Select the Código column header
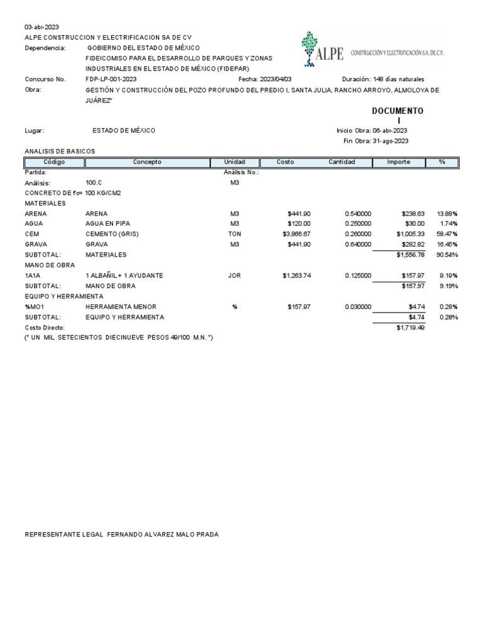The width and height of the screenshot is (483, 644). click(54, 162)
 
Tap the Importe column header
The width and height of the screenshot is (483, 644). click(399, 162)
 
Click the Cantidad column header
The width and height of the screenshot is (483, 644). click(341, 162)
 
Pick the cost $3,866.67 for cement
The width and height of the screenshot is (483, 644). click(297, 234)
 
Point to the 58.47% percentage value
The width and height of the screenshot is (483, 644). click(447, 234)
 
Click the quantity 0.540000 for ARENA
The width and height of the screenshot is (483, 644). click(358, 214)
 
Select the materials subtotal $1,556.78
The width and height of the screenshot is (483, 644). click(411, 255)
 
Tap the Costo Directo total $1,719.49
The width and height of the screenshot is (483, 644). click(411, 328)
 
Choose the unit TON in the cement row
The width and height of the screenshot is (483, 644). click(235, 234)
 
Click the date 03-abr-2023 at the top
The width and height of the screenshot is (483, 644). click(42, 27)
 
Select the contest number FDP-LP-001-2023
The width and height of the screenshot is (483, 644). click(111, 79)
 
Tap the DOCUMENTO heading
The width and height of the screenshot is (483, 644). click(397, 111)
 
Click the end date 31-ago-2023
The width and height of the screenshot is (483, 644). click(391, 141)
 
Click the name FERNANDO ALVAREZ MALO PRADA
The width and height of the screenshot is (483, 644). click(163, 535)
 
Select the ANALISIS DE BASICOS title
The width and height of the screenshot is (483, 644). click(60, 152)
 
